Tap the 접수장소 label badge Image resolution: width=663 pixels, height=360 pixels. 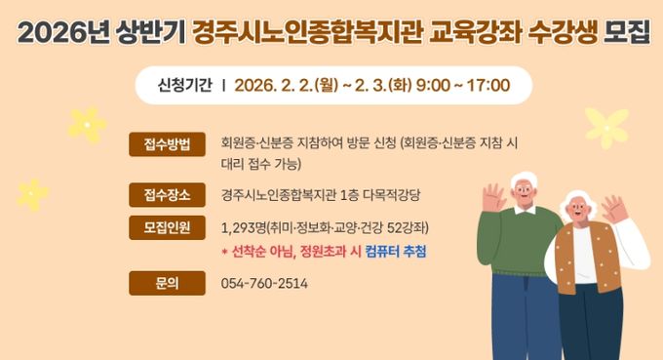(167, 193)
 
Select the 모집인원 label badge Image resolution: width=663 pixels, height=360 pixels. (167, 228)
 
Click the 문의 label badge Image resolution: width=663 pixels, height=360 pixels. (167, 284)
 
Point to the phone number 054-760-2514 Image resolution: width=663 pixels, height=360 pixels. (265, 284)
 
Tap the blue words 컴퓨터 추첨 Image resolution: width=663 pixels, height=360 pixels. (395, 252)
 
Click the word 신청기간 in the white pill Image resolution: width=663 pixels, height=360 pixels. (185, 85)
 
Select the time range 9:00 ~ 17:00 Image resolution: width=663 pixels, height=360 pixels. (462, 85)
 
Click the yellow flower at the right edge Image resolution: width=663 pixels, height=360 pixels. (606, 127)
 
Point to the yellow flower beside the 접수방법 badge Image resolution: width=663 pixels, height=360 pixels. (88, 124)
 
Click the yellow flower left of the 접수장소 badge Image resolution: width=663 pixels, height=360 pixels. (33, 193)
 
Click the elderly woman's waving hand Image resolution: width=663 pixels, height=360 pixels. (613, 208)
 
